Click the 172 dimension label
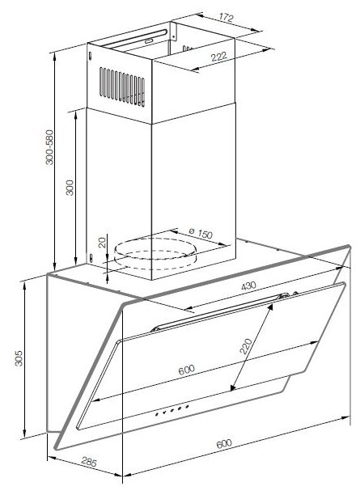click(226, 18)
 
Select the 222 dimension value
click(218, 57)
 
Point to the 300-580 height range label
click(49, 147)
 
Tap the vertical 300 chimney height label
click(70, 188)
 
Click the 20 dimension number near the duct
click(102, 243)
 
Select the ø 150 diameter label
click(201, 233)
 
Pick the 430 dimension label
click(248, 286)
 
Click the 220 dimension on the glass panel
click(246, 346)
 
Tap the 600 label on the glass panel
click(186, 370)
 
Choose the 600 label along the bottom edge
click(224, 443)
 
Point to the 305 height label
click(19, 358)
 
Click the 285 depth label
click(89, 462)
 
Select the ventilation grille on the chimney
click(122, 87)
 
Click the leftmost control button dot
click(157, 414)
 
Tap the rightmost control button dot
click(187, 406)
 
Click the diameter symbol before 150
click(192, 231)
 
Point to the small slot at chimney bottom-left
click(91, 258)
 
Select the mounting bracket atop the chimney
click(172, 31)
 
